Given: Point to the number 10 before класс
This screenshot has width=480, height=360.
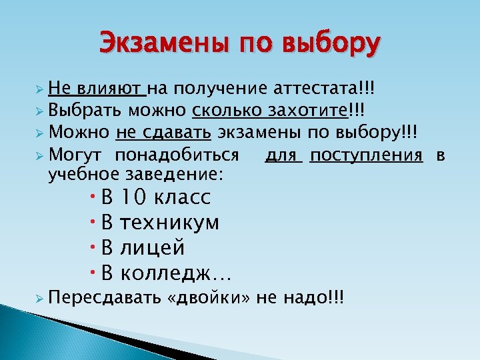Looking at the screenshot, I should click(134, 197).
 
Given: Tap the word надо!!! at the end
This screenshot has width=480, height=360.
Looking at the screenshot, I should click(313, 298).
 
